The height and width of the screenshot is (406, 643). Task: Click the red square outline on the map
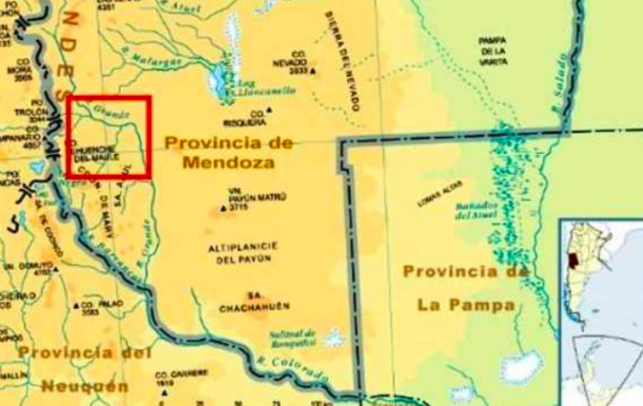coord(108,97)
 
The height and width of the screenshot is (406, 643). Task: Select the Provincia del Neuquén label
coord(84,370)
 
